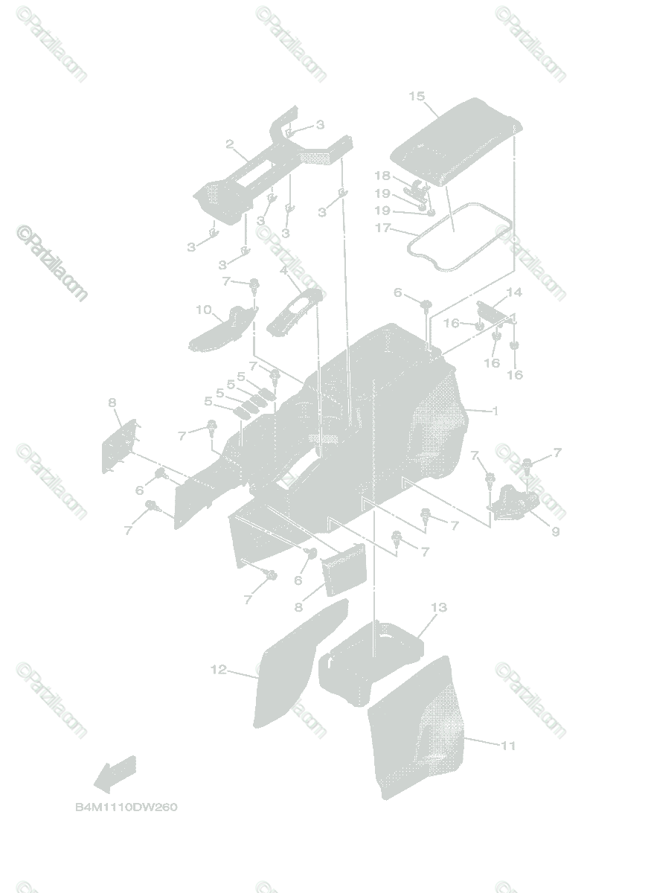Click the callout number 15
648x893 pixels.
tap(417, 96)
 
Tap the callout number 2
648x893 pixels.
tap(230, 144)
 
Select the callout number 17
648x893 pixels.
tap(382, 228)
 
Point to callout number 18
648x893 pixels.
tap(382, 176)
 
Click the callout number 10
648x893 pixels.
tap(203, 310)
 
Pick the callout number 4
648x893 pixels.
tap(283, 272)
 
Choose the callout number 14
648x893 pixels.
tap(514, 292)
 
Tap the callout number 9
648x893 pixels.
tap(555, 532)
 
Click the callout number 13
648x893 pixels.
tap(438, 608)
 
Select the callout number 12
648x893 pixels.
tap(218, 670)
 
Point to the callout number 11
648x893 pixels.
tap(508, 745)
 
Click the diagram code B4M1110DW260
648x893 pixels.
tap(126, 807)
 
